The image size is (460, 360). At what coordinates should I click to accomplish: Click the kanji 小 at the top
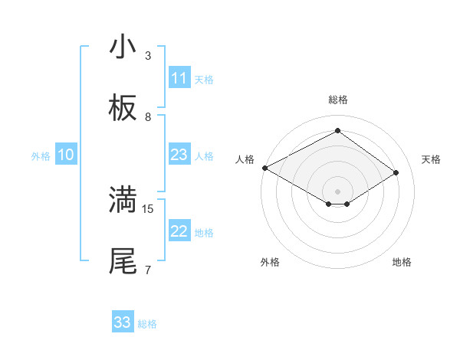pos(123,47)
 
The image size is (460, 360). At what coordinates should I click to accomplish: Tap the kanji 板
pos(123,110)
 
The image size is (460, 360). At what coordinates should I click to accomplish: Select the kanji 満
pos(123,199)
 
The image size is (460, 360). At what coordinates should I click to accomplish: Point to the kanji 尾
pos(123,261)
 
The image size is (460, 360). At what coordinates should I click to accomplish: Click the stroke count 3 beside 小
pos(148,55)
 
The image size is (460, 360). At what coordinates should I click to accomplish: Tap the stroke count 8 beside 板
pos(148,117)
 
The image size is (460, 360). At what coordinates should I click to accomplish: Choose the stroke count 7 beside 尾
pos(148,270)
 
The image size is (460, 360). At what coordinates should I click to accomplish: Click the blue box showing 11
pos(179,78)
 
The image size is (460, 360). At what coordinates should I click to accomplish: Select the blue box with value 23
pos(179,155)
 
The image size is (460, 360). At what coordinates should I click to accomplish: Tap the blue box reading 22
pos(179,231)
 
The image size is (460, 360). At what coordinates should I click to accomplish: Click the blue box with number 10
pos(66,155)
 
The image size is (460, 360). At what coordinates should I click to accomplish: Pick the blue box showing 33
pos(123,322)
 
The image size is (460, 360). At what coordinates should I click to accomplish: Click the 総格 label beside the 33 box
pos(147,324)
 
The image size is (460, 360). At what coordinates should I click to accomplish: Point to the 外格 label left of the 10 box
pos(41,156)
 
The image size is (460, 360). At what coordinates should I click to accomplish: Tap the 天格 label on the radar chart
pos(432,159)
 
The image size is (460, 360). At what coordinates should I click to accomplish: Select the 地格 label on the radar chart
pos(402,262)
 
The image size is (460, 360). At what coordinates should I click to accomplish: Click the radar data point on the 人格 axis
pos(264,168)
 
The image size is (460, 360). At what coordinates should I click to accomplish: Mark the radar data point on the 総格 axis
pos(337,131)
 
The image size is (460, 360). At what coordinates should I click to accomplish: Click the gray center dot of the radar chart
pos(337,191)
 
